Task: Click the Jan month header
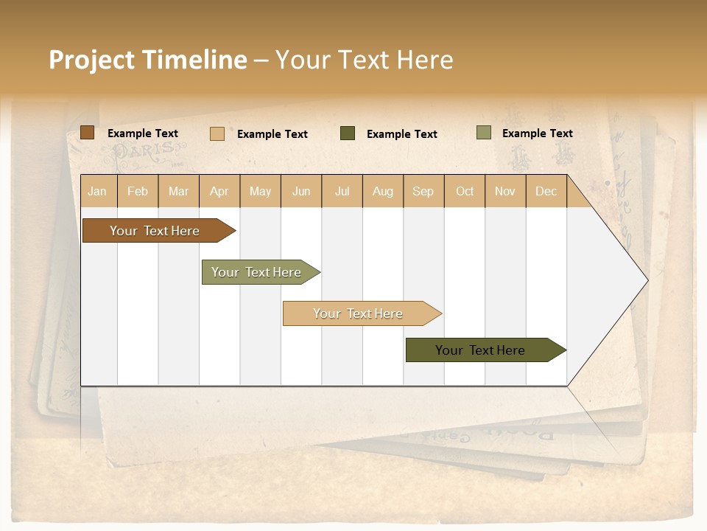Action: click(97, 191)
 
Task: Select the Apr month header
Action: click(219, 191)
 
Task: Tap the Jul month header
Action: click(342, 191)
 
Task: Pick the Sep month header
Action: click(423, 191)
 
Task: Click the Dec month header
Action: click(546, 191)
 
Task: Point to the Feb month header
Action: click(138, 191)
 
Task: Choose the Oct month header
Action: click(465, 191)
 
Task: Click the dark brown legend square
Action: click(88, 133)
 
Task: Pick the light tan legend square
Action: click(217, 133)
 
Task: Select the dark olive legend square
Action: click(348, 133)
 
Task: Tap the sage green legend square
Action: click(484, 133)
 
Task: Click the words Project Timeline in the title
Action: click(147, 60)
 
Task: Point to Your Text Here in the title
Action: click(365, 60)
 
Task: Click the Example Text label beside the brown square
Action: click(143, 133)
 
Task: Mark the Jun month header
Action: click(301, 191)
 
